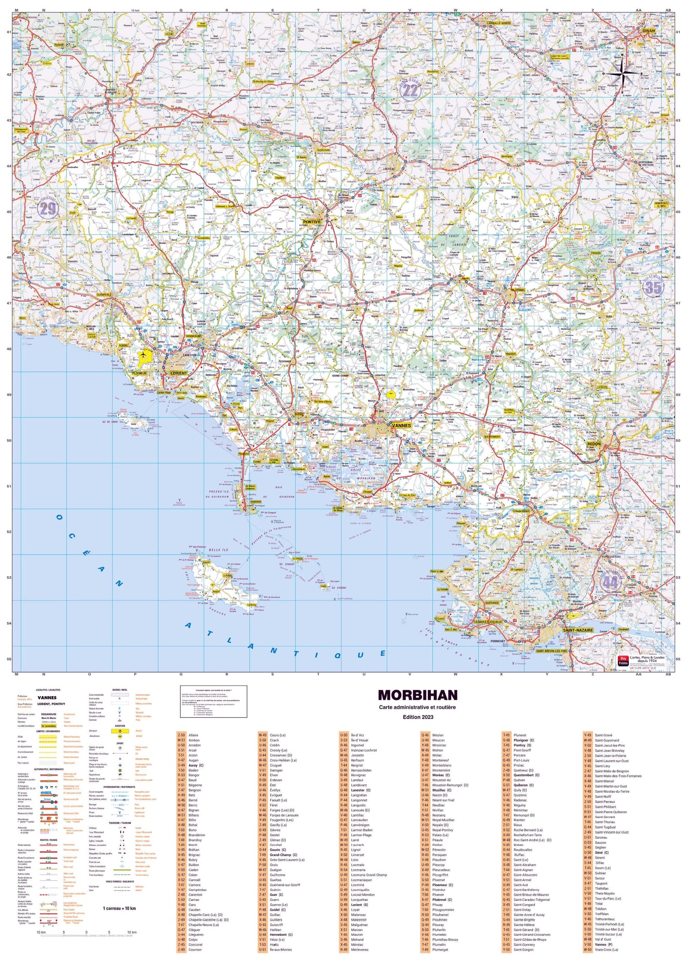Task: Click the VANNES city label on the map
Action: tap(401, 425)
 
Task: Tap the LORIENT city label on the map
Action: tap(179, 373)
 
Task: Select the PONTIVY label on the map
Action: tap(311, 222)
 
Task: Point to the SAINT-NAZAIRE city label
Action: tap(578, 630)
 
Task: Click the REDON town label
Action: tap(594, 444)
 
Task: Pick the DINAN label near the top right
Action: tap(649, 31)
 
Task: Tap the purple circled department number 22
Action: tap(410, 90)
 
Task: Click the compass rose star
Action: tap(622, 73)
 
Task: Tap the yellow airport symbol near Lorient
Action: tap(144, 355)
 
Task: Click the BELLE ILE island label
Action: tap(218, 550)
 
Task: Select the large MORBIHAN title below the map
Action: tap(417, 695)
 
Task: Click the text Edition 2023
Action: tap(417, 717)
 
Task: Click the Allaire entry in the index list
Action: tap(193, 735)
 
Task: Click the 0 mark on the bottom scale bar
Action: tap(86, 932)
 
